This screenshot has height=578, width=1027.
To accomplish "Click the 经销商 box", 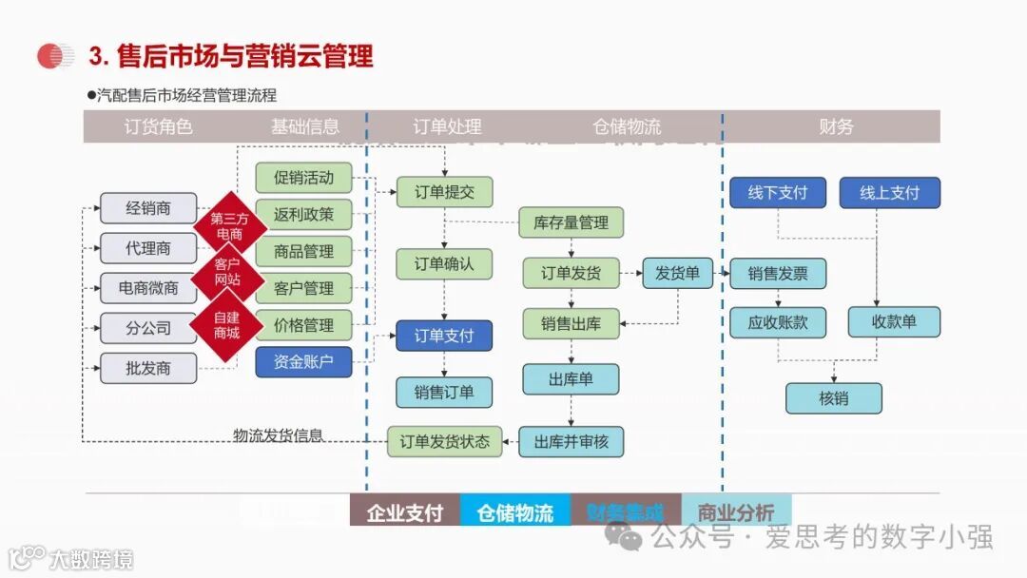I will coord(147,208).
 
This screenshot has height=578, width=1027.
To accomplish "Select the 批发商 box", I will coord(147,368).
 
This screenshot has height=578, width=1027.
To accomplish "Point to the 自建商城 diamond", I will coord(226,326).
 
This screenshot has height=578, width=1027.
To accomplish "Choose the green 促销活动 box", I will coord(303,178).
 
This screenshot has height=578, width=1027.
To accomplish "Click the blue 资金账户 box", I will coord(303,362).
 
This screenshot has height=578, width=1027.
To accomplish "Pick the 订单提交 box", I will coord(444,192).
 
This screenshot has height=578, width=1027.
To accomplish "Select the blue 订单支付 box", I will coord(444,336).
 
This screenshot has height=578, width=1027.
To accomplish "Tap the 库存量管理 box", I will coord(571,222).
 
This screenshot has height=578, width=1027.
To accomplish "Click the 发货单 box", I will coord(677,274).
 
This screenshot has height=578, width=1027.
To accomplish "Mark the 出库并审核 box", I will coord(571,441).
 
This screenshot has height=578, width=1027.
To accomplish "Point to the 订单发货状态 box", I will coord(444,441).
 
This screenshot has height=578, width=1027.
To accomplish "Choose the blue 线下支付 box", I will coord(778,193).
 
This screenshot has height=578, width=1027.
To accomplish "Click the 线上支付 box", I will coord(890,193).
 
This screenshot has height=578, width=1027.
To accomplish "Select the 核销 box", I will coord(833,398).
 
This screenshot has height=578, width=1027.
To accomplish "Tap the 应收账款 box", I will coord(778,322).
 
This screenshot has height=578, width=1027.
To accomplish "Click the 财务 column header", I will coord(836,126).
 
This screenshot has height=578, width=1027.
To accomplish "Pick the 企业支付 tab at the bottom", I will coord(405,512).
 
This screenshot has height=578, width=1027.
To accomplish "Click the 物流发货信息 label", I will coord(279,435).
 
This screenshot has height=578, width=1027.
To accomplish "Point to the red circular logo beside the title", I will coord(55,57).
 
